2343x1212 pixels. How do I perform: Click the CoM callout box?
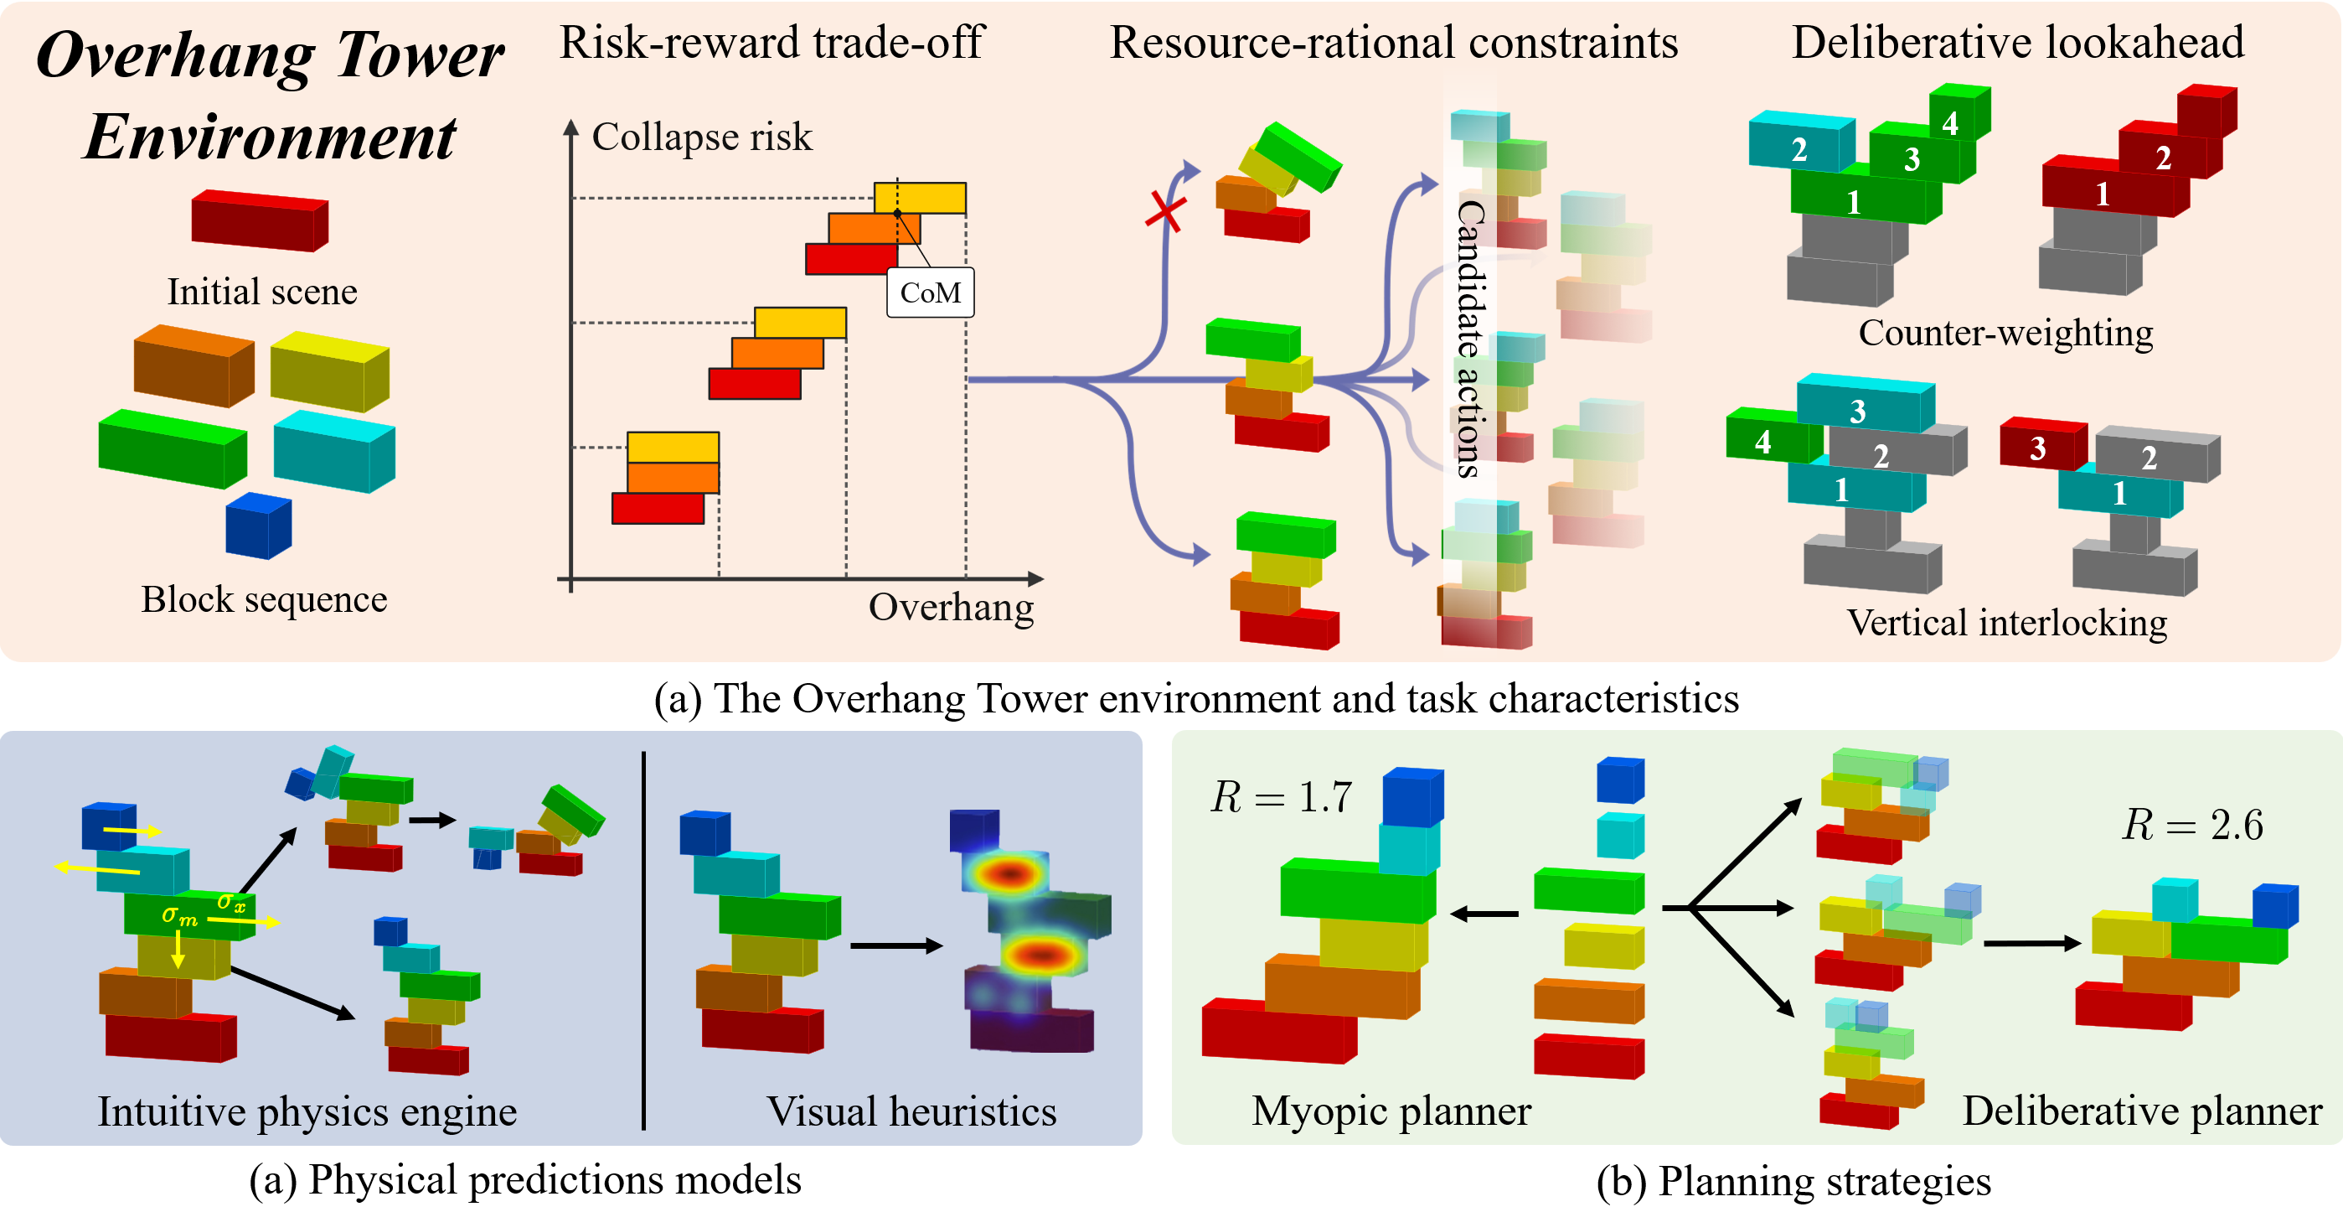pyautogui.click(x=930, y=292)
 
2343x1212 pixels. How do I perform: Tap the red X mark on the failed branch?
pyautogui.click(x=1165, y=212)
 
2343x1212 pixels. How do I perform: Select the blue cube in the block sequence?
pyautogui.click(x=258, y=525)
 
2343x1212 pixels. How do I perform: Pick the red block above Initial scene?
pyautogui.click(x=259, y=220)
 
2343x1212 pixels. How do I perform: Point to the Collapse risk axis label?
pyautogui.click(x=701, y=137)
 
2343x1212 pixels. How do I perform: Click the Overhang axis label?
pyautogui.click(x=951, y=607)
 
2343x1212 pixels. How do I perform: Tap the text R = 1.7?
pyautogui.click(x=1282, y=797)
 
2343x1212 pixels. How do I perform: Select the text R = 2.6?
pyautogui.click(x=2192, y=826)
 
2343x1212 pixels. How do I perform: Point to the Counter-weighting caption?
pyautogui.click(x=2005, y=333)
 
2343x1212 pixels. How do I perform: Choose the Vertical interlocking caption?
pyautogui.click(x=2006, y=624)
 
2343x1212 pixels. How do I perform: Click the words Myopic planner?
pyautogui.click(x=1391, y=1111)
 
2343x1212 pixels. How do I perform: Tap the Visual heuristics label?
pyautogui.click(x=911, y=1111)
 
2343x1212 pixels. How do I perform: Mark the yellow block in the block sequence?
pyautogui.click(x=329, y=370)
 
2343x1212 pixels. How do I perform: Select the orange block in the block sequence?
pyautogui.click(x=193, y=365)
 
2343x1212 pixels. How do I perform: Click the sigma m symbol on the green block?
pyautogui.click(x=179, y=915)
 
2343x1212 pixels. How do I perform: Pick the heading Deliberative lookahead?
pyautogui.click(x=2017, y=43)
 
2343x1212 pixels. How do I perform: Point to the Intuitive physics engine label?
pyautogui.click(x=307, y=1111)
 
